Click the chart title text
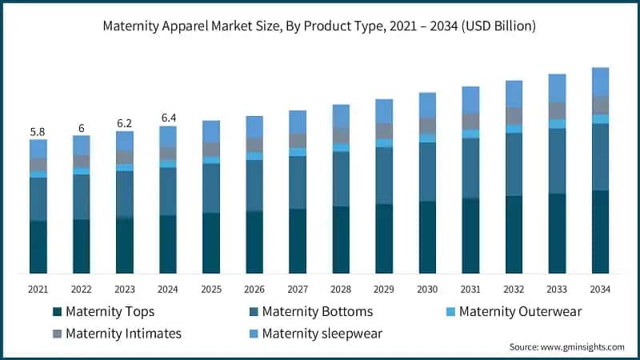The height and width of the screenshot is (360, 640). pyautogui.click(x=319, y=26)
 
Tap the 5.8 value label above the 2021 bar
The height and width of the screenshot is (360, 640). pyautogui.click(x=38, y=130)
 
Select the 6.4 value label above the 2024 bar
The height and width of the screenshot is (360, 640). pyautogui.click(x=168, y=118)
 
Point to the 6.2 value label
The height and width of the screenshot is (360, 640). pyautogui.click(x=125, y=122)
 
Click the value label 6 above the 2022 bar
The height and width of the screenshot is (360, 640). pyautogui.click(x=82, y=127)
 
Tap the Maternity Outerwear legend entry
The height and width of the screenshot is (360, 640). pyautogui.click(x=512, y=311)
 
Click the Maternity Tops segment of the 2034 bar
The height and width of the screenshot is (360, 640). pyautogui.click(x=600, y=232)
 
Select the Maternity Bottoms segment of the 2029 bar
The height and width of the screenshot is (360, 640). pyautogui.click(x=384, y=176)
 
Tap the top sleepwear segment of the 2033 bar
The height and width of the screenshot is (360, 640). pyautogui.click(x=557, y=88)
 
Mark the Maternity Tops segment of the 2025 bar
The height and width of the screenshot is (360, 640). pyautogui.click(x=211, y=243)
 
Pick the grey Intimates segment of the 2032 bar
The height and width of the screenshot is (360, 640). pyautogui.click(x=514, y=116)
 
